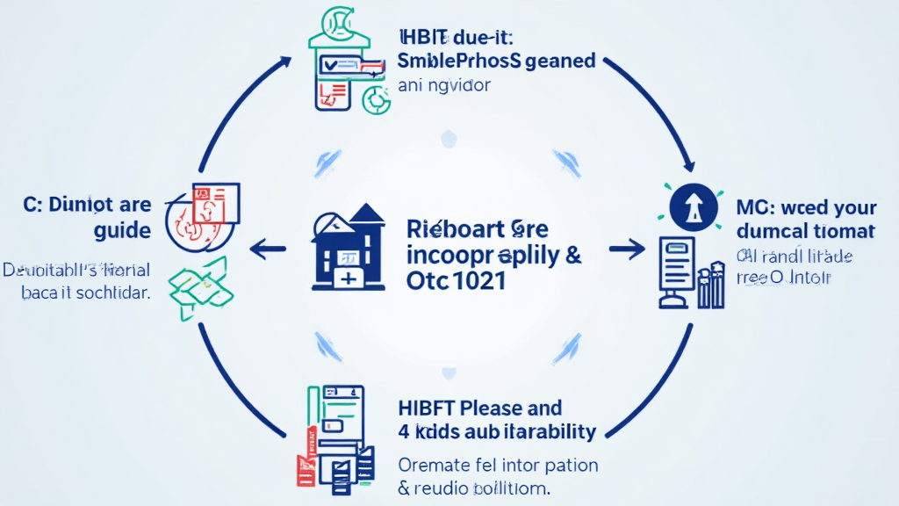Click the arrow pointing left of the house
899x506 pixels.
click(x=270, y=249)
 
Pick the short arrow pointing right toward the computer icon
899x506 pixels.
click(x=626, y=249)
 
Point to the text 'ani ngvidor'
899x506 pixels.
click(x=443, y=86)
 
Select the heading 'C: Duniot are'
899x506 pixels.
click(x=87, y=206)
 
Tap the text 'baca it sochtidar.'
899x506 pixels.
click(x=85, y=293)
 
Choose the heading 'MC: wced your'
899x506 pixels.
click(x=806, y=208)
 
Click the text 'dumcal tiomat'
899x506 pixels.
click(x=806, y=231)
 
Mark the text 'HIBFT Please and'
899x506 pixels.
click(x=480, y=408)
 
